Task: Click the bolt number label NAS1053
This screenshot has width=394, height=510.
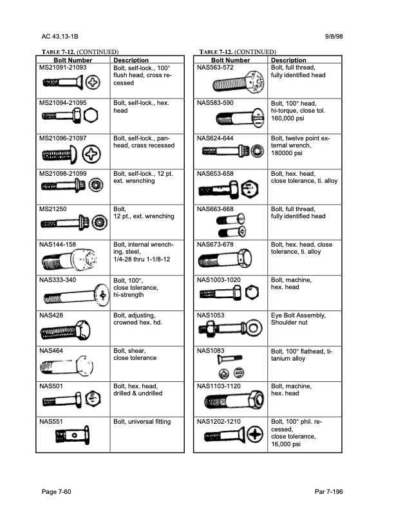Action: [x=211, y=315]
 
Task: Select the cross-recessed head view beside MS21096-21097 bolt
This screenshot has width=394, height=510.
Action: [x=91, y=154]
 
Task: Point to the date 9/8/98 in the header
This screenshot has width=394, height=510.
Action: [x=334, y=37]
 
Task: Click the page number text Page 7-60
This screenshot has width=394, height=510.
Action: [x=56, y=491]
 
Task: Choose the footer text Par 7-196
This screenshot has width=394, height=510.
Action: [x=329, y=491]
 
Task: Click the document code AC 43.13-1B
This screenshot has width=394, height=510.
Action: [x=60, y=37]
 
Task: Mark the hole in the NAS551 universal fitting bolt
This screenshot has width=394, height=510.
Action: [x=75, y=435]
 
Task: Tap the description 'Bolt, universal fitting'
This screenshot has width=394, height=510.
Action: [x=142, y=422]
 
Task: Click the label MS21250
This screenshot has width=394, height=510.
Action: [x=53, y=209]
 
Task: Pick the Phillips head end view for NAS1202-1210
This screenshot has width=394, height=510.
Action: [x=255, y=434]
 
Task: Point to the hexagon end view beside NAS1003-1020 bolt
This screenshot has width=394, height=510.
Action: [x=252, y=292]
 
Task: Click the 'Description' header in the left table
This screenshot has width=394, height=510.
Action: [x=131, y=60]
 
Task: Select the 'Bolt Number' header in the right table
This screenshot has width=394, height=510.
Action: [x=230, y=60]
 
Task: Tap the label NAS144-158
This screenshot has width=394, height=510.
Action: [x=57, y=244]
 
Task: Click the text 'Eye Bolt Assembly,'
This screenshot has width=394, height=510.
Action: [x=299, y=315]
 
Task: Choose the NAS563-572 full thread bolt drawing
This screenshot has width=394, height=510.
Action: [x=238, y=82]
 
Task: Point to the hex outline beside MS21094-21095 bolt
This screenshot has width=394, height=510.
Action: [x=91, y=115]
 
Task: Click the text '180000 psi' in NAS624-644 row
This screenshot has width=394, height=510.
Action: [x=286, y=153]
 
